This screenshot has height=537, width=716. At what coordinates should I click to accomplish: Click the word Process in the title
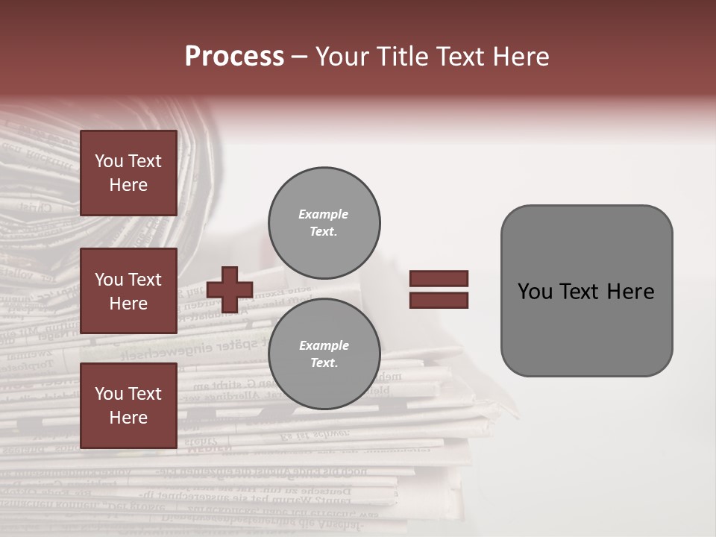tap(234, 57)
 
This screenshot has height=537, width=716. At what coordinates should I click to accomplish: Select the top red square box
tap(128, 173)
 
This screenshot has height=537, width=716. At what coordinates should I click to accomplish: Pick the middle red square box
tap(128, 291)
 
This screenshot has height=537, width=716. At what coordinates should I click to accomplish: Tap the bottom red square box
tap(128, 406)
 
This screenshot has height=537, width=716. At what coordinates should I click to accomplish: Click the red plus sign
tap(230, 289)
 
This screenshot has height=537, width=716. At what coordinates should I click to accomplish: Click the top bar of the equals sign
tap(439, 278)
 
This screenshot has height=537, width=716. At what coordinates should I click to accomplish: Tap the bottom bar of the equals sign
tap(439, 300)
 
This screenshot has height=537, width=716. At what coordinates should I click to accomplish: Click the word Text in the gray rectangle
tap(583, 292)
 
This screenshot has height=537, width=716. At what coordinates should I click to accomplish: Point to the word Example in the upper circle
tap(323, 214)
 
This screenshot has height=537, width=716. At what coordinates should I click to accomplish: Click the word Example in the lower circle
tap(324, 345)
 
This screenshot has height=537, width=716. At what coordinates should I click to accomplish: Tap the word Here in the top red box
tap(128, 185)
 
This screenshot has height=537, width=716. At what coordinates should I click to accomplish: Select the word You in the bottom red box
tap(109, 394)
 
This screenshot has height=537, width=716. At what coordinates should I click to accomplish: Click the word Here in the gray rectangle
tap(632, 292)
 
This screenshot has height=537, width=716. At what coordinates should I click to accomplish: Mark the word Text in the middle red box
tap(145, 280)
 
